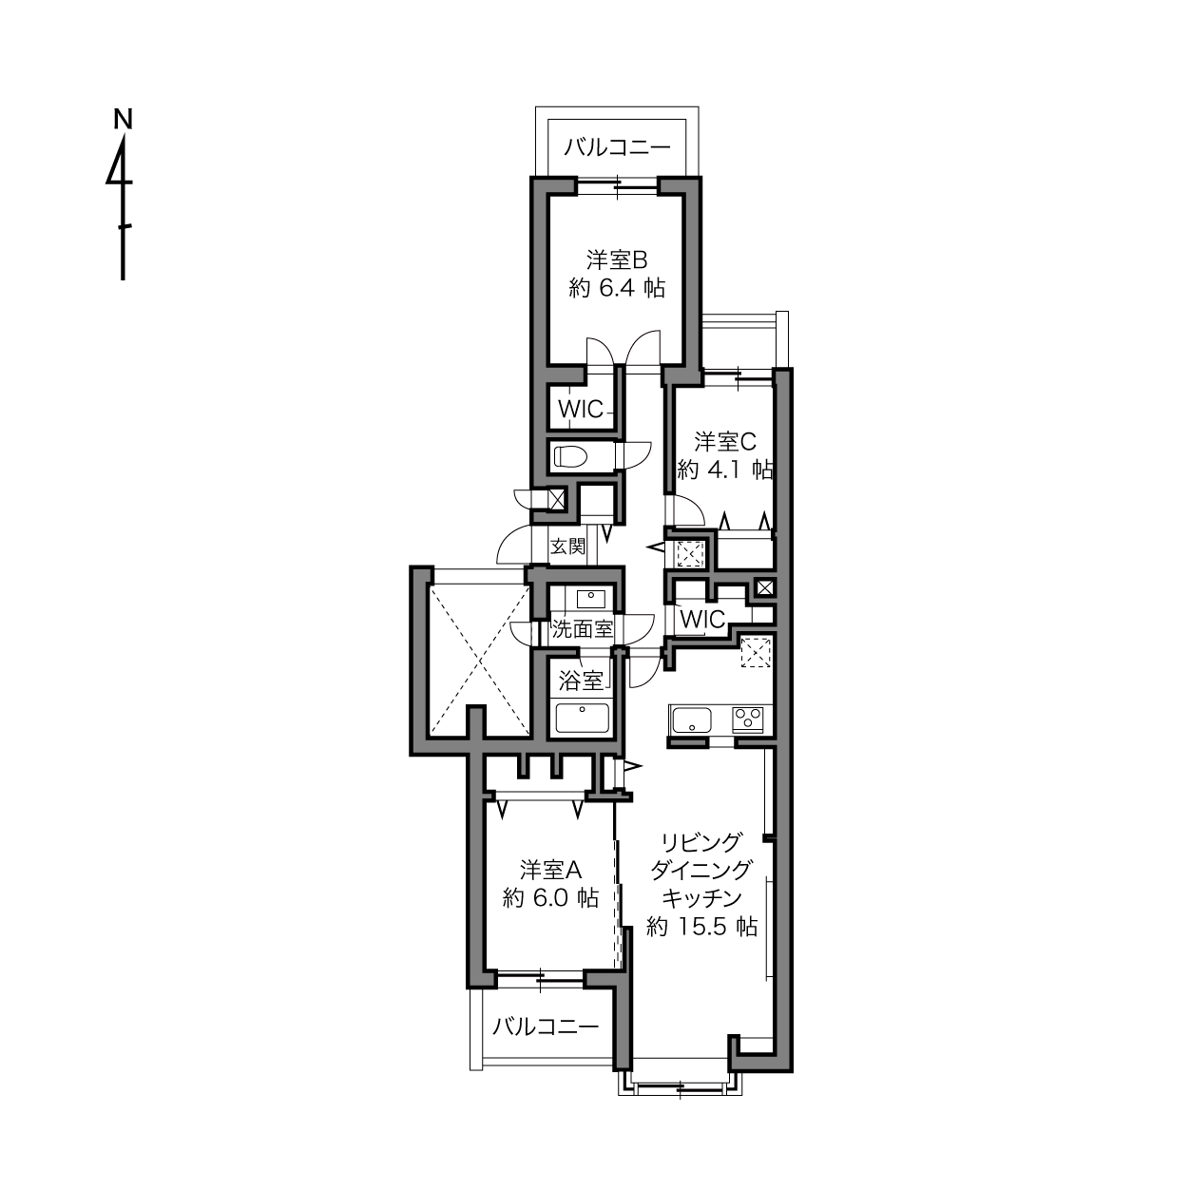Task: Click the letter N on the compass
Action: [x=124, y=119]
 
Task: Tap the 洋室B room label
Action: [x=616, y=260]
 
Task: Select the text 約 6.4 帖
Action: [x=616, y=288]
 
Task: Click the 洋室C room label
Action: [x=725, y=442]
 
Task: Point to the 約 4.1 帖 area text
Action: [x=725, y=470]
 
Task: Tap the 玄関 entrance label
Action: [x=567, y=546]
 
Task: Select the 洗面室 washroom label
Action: [x=582, y=629]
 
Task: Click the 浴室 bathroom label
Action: [x=581, y=681]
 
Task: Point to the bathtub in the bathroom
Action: [x=583, y=718]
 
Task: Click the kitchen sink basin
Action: [x=692, y=720]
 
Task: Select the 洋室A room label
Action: [x=550, y=870]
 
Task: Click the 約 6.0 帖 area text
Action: [x=550, y=899]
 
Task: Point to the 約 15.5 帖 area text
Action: [x=701, y=927]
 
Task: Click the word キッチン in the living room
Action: [x=701, y=898]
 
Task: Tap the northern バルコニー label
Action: [x=617, y=147]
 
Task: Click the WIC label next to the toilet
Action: [x=581, y=408]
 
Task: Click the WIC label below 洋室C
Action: [x=702, y=620]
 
